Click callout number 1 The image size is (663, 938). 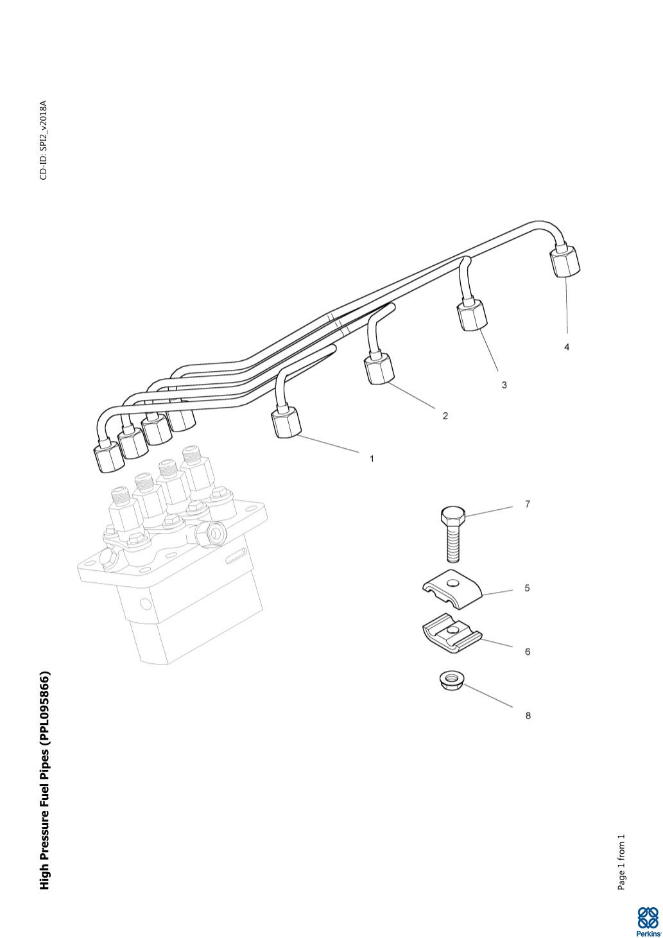(372, 459)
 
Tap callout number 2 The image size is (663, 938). (445, 416)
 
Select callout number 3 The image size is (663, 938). (504, 385)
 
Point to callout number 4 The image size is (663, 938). (567, 347)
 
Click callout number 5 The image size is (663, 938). (527, 588)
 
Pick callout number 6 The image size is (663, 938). (528, 652)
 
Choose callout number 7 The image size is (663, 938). (528, 505)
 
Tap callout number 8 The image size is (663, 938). (528, 716)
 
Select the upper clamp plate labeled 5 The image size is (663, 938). (452, 587)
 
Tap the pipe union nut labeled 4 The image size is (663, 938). (564, 262)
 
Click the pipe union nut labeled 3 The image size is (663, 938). (472, 315)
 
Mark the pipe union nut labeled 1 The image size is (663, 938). (286, 423)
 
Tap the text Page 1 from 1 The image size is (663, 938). (621, 862)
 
